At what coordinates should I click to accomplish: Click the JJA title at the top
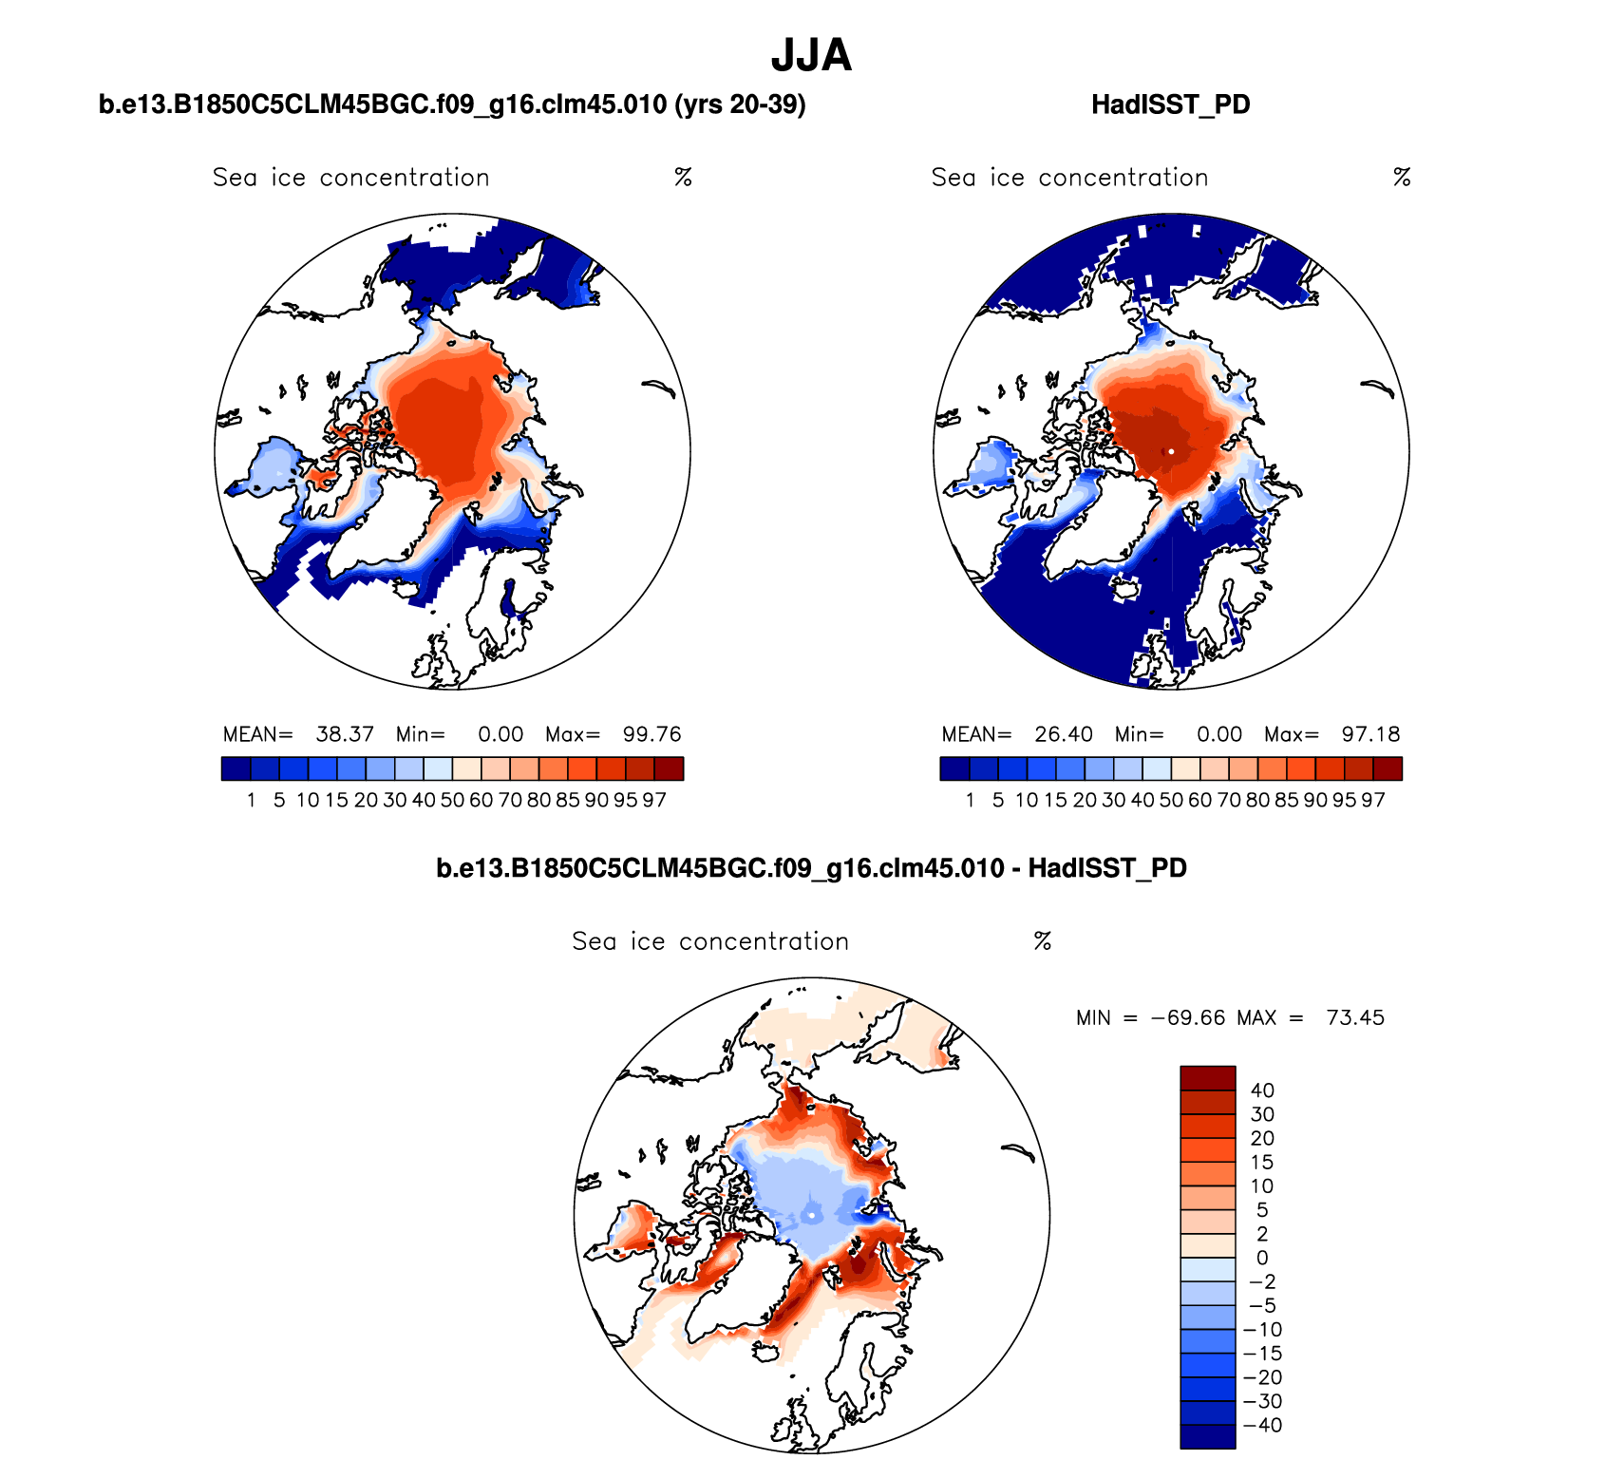[811, 55]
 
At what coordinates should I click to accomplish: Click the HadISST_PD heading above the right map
[1170, 104]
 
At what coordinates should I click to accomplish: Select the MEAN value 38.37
[345, 734]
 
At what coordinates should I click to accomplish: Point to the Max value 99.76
[651, 734]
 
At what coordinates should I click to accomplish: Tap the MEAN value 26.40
[1064, 734]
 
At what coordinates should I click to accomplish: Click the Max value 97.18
[1370, 734]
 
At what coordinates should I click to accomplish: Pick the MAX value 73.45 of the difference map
[1355, 1018]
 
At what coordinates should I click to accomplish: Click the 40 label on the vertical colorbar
[1262, 1090]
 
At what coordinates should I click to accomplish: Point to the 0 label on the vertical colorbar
[1262, 1258]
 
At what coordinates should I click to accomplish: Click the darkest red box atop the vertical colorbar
[1207, 1078]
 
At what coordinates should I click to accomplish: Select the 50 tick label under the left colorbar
[452, 800]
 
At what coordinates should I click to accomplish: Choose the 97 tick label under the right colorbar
[1372, 800]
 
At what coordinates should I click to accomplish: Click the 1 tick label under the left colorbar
[251, 800]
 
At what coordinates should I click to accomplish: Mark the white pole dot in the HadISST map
[1171, 451]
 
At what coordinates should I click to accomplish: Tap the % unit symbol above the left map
[683, 178]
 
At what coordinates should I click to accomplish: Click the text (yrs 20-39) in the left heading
[740, 104]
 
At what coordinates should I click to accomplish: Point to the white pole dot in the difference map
[812, 1215]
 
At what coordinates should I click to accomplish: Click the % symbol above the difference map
[1042, 941]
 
